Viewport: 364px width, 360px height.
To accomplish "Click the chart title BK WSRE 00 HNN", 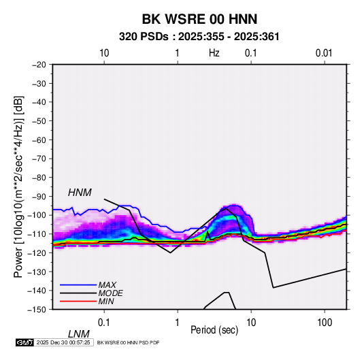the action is (x=199, y=19).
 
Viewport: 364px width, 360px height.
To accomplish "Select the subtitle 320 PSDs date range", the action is (x=199, y=37).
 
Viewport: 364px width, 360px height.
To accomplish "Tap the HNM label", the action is (x=80, y=193).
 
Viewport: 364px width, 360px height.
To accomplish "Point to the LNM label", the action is (x=79, y=334).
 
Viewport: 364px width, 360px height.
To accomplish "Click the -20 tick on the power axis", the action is (x=39, y=65).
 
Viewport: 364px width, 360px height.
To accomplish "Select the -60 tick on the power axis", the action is (x=39, y=140).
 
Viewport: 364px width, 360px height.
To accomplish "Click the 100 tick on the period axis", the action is (x=325, y=323).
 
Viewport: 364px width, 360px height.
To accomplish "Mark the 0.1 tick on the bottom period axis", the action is (x=104, y=323).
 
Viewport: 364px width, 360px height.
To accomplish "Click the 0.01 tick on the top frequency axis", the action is (x=324, y=53).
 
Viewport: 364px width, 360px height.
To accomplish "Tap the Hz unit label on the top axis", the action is (x=214, y=53).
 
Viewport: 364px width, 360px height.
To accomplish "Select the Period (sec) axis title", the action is (x=214, y=330).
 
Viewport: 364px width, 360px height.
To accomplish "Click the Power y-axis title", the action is (x=18, y=186).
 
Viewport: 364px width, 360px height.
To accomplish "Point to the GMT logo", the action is (x=25, y=342).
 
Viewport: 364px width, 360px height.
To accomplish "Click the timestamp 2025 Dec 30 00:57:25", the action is (x=63, y=342).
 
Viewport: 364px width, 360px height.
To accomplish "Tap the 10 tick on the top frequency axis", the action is (x=104, y=53).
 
